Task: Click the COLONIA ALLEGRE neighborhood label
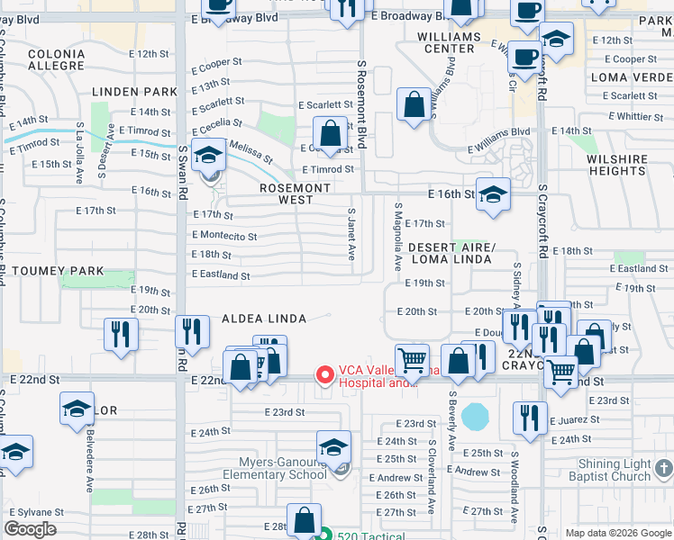56,60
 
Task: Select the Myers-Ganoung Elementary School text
272,468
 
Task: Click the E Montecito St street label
224,236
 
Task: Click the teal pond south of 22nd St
474,417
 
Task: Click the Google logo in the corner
30,529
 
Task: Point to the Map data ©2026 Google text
617,533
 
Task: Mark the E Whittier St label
636,116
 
